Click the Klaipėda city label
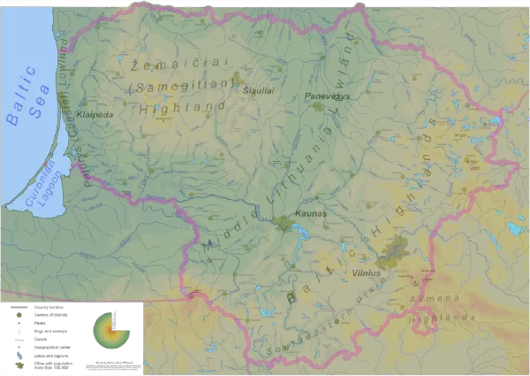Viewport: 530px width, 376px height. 95,114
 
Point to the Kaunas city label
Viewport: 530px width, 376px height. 311,213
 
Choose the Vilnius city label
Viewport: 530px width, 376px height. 366,273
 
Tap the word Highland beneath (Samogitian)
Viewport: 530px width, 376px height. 182,106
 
